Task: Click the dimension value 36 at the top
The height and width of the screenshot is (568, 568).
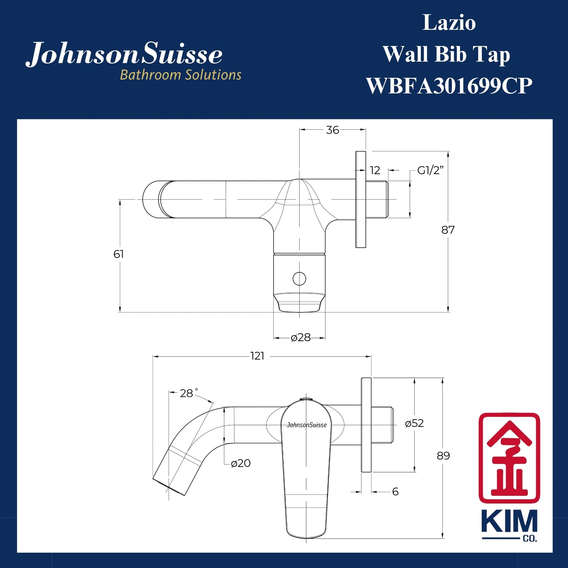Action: pyautogui.click(x=333, y=130)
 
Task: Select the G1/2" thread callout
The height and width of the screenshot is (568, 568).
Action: pyautogui.click(x=430, y=171)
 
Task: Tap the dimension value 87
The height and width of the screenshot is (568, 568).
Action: pyautogui.click(x=448, y=230)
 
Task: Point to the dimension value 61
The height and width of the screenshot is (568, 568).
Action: pyautogui.click(x=118, y=254)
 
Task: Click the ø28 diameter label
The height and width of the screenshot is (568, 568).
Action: pyautogui.click(x=301, y=338)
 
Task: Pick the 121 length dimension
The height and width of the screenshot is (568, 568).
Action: pyautogui.click(x=257, y=356)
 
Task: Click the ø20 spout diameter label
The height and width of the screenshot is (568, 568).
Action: pyautogui.click(x=241, y=463)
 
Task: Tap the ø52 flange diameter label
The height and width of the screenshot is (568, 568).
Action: pyautogui.click(x=414, y=423)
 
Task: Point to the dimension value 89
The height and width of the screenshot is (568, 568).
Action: pyautogui.click(x=443, y=456)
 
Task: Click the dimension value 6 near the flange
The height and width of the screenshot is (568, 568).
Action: pyautogui.click(x=395, y=492)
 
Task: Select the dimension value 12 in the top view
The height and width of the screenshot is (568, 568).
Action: pyautogui.click(x=375, y=171)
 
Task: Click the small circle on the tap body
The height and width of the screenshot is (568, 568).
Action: pyautogui.click(x=300, y=279)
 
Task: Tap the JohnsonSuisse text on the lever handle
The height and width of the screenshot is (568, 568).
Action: pyautogui.click(x=307, y=425)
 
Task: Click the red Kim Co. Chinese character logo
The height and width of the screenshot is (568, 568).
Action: pyautogui.click(x=509, y=458)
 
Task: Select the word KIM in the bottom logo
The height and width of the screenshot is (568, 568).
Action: pyautogui.click(x=509, y=522)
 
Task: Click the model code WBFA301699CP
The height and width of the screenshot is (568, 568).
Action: pyautogui.click(x=449, y=86)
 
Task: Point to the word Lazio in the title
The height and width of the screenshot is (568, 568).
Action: pyautogui.click(x=449, y=23)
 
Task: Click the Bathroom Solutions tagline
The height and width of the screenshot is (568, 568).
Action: pyautogui.click(x=180, y=75)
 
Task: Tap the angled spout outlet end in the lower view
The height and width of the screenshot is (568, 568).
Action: pyautogui.click(x=169, y=485)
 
